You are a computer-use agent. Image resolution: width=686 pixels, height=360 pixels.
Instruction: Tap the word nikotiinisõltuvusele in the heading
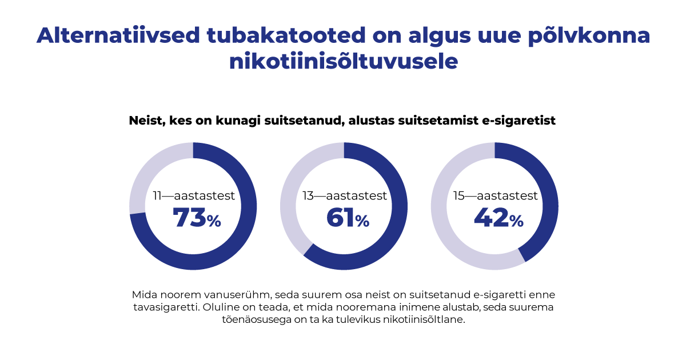344,61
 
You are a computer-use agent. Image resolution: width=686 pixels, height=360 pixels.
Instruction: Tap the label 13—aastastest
345,196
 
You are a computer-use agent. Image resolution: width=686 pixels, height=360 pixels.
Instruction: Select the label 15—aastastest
496,196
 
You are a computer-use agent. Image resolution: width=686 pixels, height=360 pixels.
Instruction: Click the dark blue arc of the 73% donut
240,240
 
